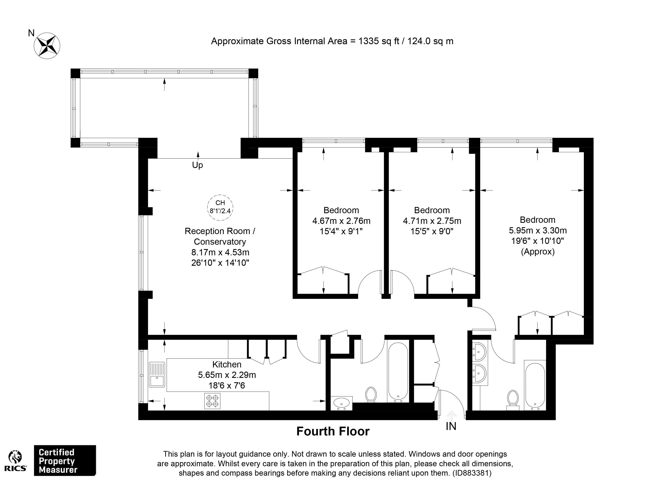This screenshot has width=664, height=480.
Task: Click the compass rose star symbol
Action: click(47, 46)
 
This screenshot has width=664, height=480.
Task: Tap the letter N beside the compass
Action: click(31, 33)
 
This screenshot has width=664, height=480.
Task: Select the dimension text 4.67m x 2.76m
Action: click(341, 221)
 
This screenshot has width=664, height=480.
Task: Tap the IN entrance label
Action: click(451, 427)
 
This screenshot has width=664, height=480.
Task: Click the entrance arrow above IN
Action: click(451, 416)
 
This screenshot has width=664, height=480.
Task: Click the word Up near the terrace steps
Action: click(197, 165)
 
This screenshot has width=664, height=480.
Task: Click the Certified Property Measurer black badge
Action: click(65, 461)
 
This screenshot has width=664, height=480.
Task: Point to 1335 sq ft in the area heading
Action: click(379, 41)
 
